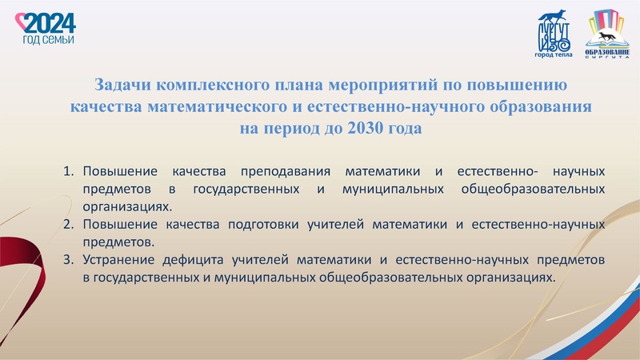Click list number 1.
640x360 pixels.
pyautogui.click(x=67, y=171)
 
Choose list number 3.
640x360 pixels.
pyautogui.click(x=67, y=259)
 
